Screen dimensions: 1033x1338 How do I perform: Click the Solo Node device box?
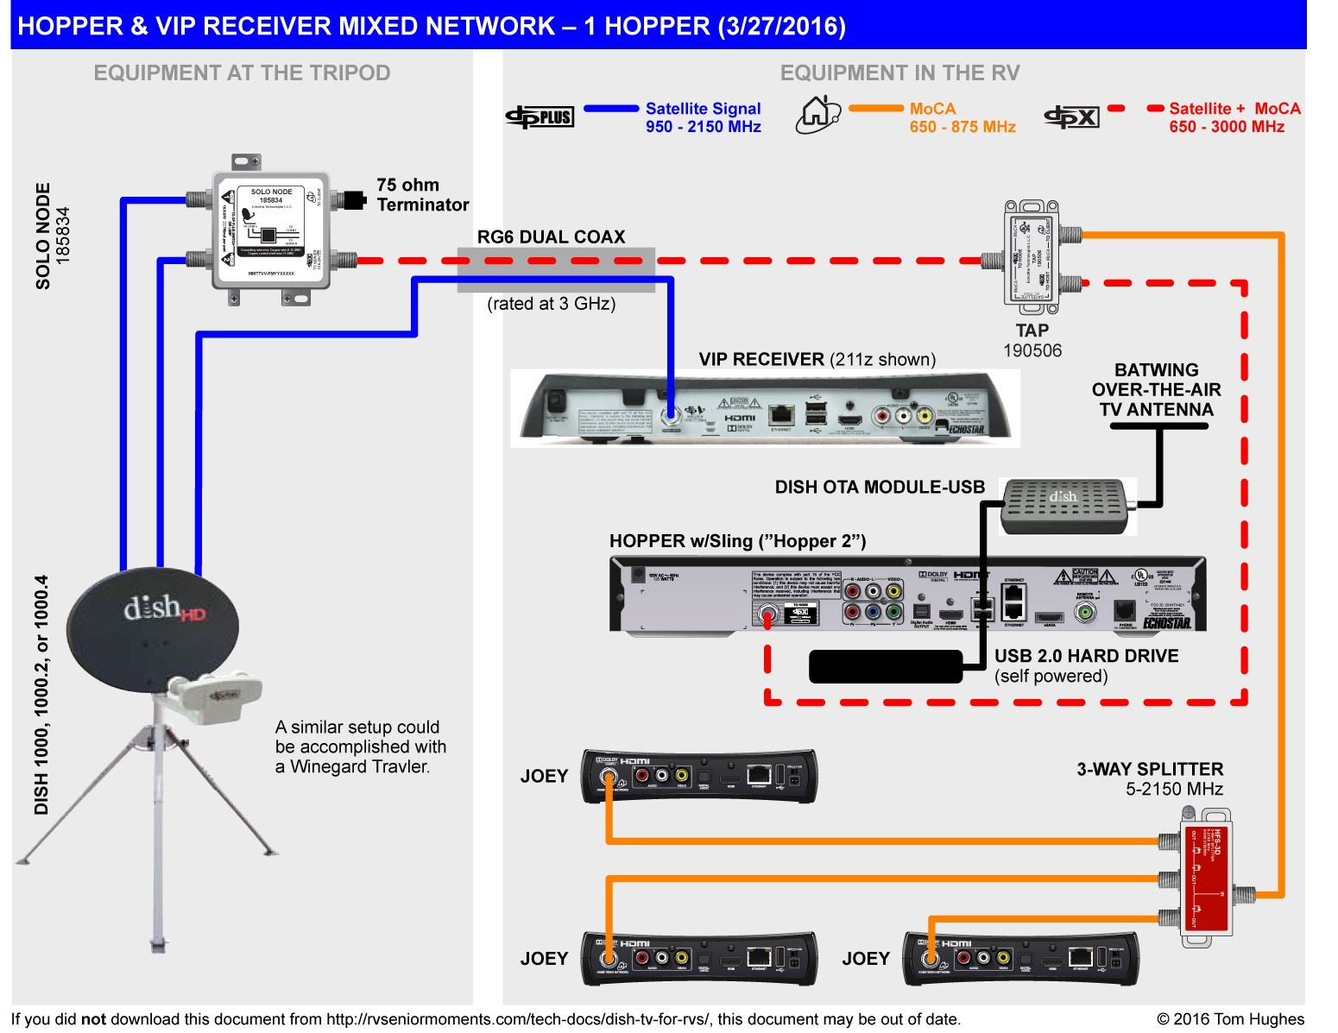point(271,230)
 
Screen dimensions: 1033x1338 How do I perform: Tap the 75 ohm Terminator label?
point(422,195)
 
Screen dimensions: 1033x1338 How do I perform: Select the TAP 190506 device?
point(1032,252)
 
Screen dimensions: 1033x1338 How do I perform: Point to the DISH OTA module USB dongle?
point(1067,506)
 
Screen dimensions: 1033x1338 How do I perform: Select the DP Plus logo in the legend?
point(540,117)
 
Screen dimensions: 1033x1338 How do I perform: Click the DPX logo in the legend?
point(1071,117)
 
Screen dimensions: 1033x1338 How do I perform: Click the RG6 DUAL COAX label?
point(551,237)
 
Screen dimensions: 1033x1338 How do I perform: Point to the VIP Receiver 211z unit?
point(764,408)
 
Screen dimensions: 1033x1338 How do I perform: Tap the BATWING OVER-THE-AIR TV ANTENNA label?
point(1156,390)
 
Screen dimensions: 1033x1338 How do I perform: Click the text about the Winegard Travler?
point(360,746)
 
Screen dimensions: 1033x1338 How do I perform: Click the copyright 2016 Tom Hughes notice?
point(1229,1019)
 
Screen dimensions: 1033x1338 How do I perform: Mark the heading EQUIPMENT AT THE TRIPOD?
point(242,73)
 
